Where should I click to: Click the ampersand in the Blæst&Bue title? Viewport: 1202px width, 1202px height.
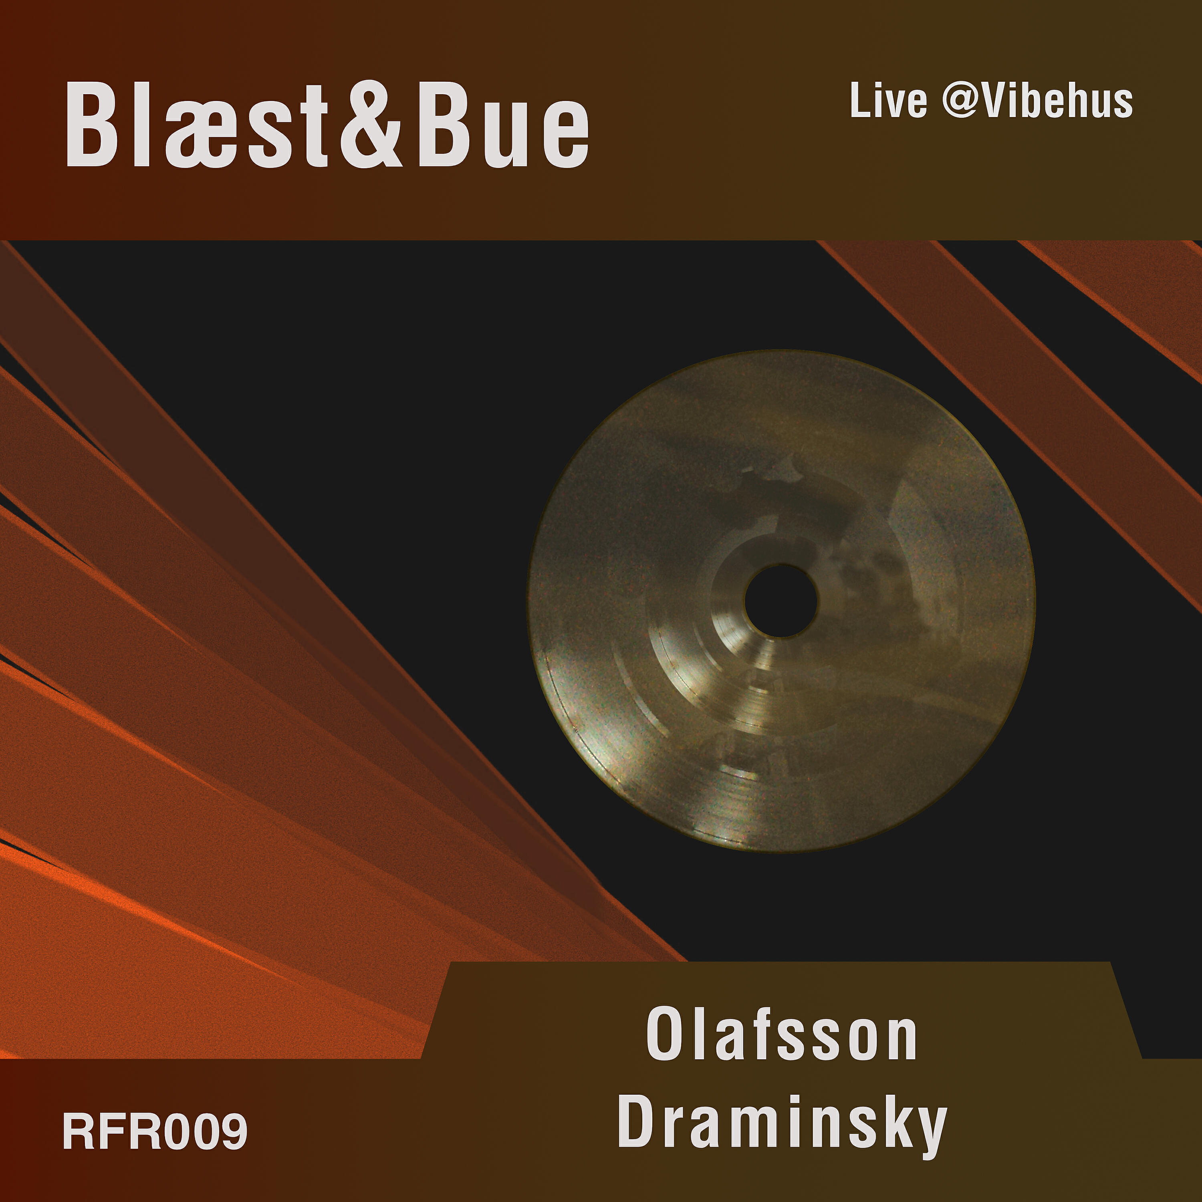[371, 125]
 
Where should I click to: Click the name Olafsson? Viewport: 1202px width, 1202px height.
[781, 1035]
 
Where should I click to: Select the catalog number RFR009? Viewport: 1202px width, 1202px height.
[155, 1132]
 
